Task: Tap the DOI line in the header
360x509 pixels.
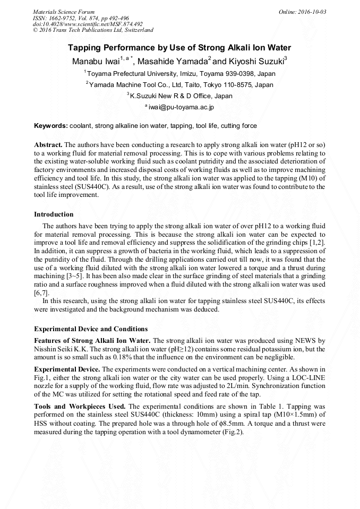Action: click(88, 24)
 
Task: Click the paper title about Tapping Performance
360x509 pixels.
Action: click(179, 48)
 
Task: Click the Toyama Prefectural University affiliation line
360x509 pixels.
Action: click(179, 74)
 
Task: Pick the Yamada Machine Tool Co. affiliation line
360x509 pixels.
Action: click(179, 85)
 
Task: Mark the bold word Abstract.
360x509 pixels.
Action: click(48, 145)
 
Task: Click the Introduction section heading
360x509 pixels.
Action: click(54, 214)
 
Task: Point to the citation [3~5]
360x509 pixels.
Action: click(75, 277)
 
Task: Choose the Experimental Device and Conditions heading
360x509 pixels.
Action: click(91, 329)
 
